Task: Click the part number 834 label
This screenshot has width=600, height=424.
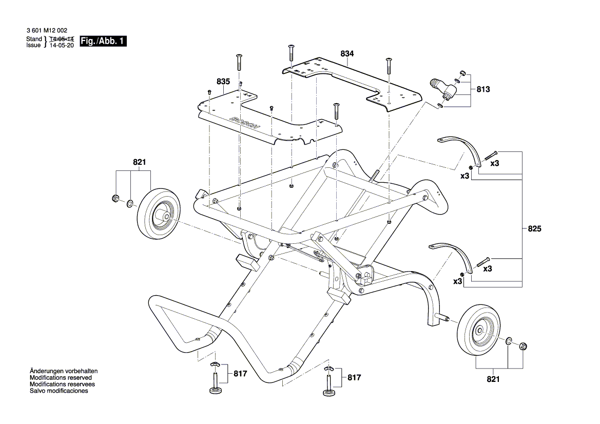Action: click(347, 53)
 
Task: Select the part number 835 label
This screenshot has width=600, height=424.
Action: click(223, 82)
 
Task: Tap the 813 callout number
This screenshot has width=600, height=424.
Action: click(483, 89)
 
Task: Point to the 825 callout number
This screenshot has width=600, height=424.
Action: click(534, 229)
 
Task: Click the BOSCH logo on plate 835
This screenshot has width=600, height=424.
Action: click(245, 124)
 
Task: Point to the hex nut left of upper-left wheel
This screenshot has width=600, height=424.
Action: click(115, 199)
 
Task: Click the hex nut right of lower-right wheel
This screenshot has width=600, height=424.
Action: click(523, 346)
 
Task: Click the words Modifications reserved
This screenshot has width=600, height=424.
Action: click(61, 377)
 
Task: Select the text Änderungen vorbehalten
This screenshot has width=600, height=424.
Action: click(64, 371)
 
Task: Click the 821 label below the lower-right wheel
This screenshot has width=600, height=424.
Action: click(492, 379)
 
